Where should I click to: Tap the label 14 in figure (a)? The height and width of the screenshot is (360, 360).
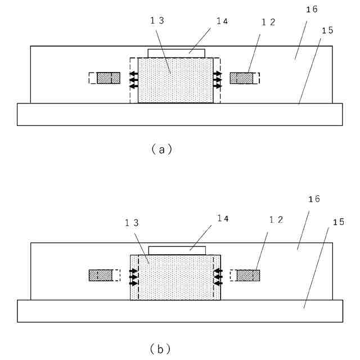click(x=222, y=21)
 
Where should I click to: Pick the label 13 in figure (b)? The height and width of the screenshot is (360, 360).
click(x=133, y=223)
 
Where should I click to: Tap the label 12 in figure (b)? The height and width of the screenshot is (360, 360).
click(x=276, y=220)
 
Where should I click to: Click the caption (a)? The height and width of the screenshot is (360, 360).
click(x=161, y=150)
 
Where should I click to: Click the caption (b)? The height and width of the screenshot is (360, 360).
click(x=161, y=349)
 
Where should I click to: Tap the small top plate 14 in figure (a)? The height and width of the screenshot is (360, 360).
click(x=177, y=53)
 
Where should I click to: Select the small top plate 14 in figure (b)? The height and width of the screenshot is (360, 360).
click(x=177, y=250)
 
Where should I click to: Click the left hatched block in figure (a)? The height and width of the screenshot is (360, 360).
click(x=109, y=78)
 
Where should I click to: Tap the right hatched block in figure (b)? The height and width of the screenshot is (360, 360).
click(x=248, y=275)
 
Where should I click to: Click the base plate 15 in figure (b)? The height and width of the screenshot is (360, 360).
click(x=180, y=311)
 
